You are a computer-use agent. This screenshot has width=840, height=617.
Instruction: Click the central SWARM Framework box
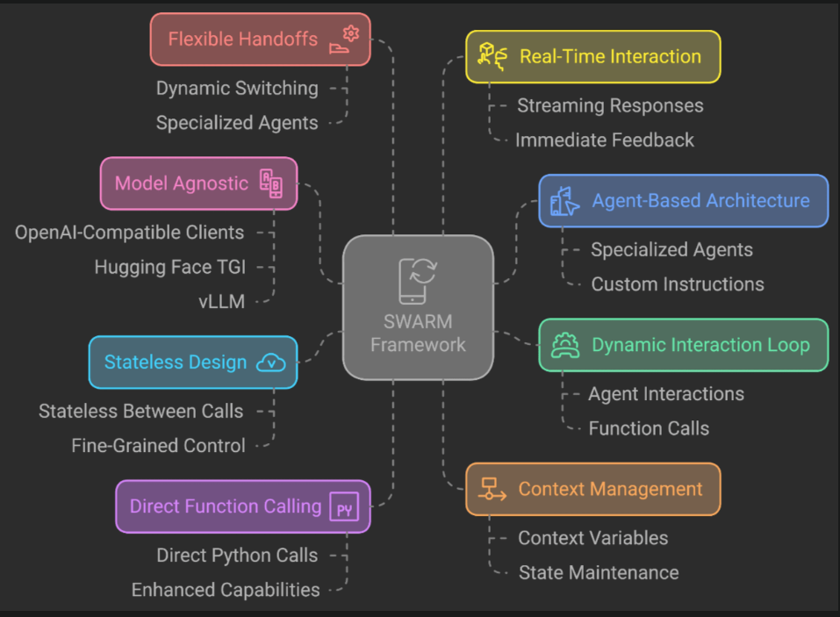point(418,307)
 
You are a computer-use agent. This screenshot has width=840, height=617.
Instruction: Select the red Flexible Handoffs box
point(260,39)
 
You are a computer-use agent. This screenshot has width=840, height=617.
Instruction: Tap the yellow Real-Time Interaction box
point(592,56)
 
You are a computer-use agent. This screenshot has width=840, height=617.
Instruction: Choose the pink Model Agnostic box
point(198,183)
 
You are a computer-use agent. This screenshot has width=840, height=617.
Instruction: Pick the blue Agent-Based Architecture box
point(683,201)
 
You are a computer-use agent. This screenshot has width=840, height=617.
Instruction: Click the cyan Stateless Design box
point(193,362)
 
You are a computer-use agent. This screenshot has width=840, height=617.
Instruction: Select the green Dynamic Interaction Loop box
point(683,345)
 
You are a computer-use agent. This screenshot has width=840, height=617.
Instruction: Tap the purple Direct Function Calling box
point(242,506)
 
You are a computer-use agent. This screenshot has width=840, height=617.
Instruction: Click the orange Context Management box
point(592,489)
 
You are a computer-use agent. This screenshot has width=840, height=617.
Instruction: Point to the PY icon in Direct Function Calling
point(344,507)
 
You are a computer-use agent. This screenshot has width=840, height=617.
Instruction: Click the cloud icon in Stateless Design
point(270,363)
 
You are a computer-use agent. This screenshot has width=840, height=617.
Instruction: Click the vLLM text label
point(222,301)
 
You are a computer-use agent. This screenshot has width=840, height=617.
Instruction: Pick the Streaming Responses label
point(610,105)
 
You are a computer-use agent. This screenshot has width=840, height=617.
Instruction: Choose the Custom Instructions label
point(677,284)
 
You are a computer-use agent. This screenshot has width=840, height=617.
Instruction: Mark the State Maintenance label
point(599,572)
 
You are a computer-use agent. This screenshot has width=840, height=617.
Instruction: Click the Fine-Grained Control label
point(158,446)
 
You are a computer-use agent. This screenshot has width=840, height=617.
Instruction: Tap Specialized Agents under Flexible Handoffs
point(237,123)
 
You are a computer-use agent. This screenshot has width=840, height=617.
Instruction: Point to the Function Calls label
point(649,428)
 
